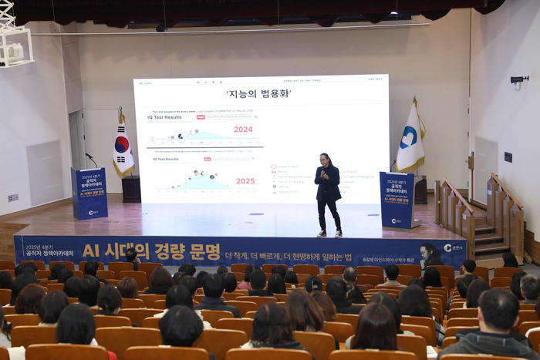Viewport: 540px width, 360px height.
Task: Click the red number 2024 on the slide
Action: click(243, 130)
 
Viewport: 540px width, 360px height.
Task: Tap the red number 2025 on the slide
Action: click(245, 181)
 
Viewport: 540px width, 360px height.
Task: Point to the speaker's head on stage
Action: click(326, 160)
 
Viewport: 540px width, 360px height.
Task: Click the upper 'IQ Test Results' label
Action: click(166, 117)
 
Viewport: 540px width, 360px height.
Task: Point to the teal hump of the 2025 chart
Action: click(202, 183)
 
